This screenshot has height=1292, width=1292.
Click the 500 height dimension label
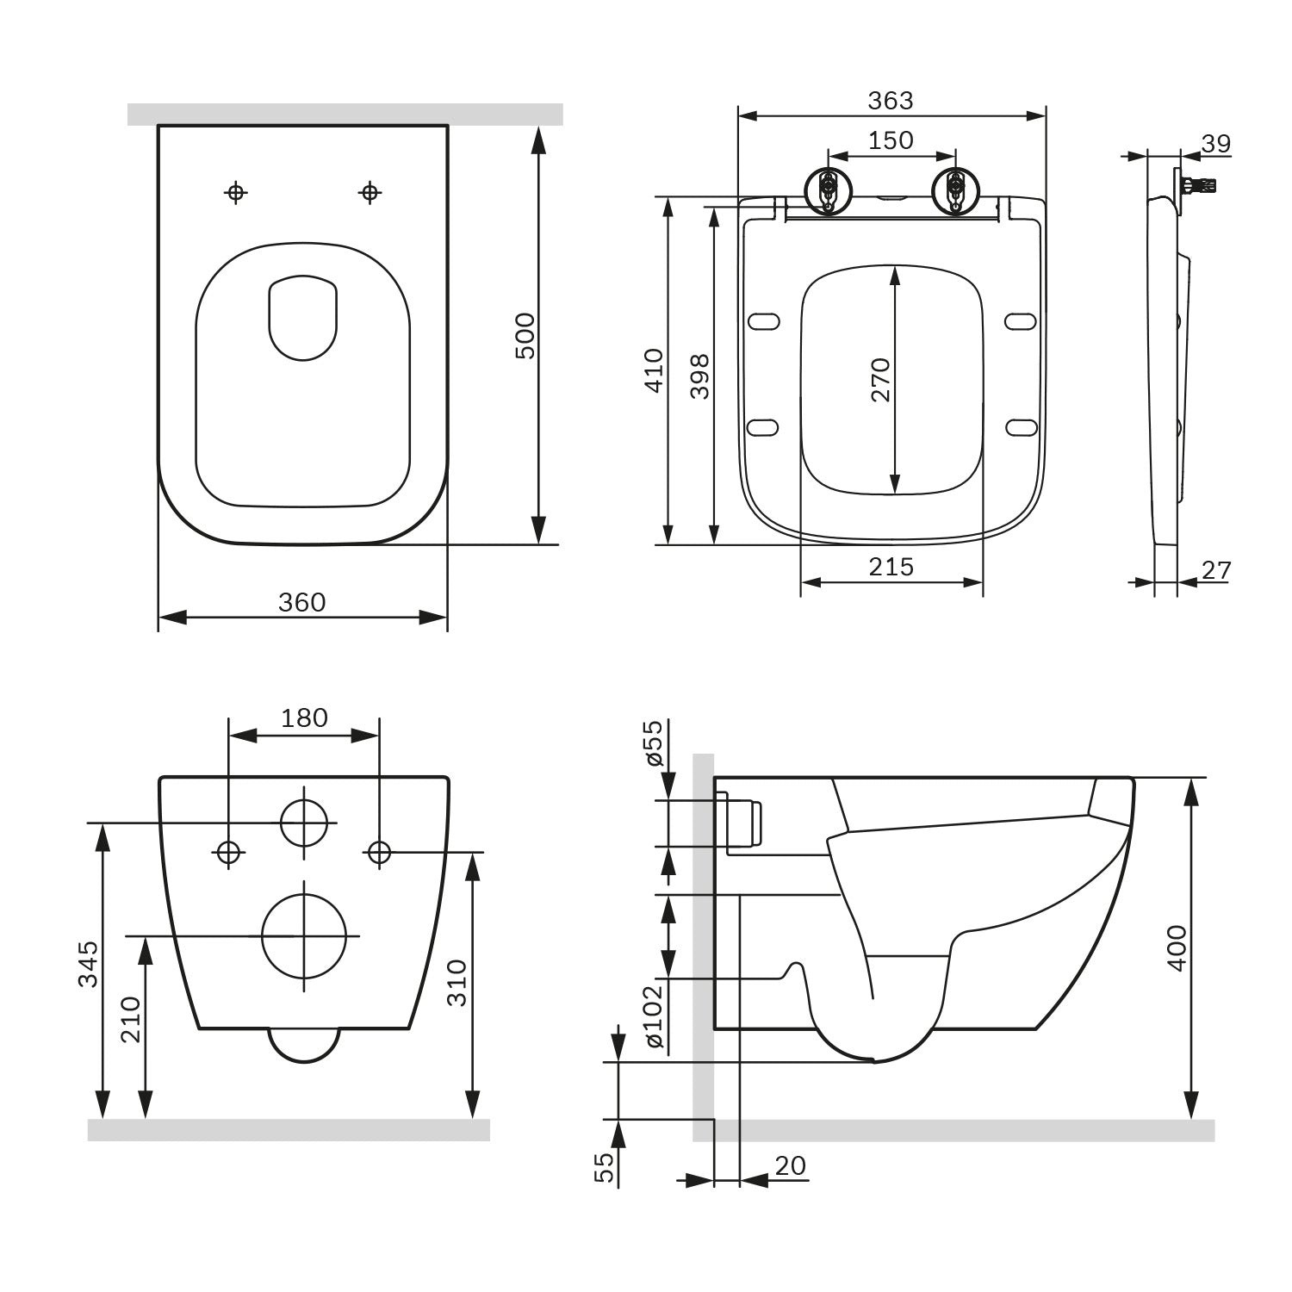525,336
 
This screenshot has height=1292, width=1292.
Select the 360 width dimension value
301,602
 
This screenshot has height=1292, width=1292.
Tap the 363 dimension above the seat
890,101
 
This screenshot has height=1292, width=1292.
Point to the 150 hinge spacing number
891,140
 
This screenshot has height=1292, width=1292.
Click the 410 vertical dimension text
655,370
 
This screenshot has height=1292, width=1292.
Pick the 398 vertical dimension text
699,376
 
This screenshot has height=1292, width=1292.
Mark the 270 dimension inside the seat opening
879,380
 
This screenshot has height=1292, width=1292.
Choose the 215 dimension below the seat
891,567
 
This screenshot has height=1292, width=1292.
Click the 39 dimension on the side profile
1215,144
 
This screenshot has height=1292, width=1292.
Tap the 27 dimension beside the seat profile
1216,570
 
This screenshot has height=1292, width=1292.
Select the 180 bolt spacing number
304,717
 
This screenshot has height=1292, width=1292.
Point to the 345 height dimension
88,963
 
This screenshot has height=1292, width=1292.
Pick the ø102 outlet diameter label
654,1016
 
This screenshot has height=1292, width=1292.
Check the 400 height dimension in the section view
1177,947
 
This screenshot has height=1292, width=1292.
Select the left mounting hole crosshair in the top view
235,192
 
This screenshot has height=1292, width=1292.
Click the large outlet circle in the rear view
304,935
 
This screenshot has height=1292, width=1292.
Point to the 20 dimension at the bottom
790,1165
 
